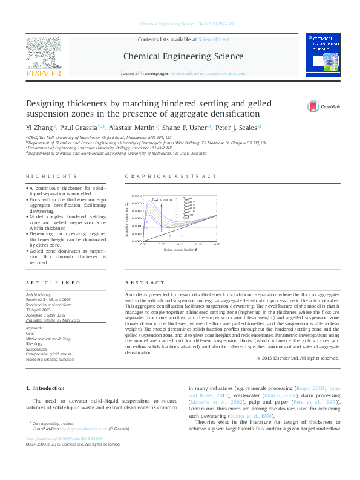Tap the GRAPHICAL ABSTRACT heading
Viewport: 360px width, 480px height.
(170, 176)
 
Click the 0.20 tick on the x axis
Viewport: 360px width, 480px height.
(216, 244)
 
